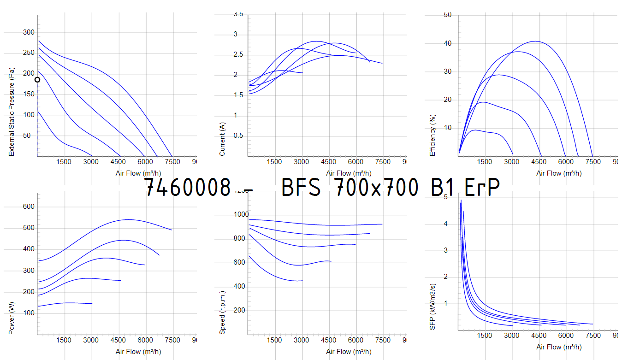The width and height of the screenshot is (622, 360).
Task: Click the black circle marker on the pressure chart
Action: pos(37,79)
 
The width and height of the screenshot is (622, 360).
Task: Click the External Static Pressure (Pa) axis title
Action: pos(12,112)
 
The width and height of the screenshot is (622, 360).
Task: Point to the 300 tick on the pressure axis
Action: pos(29,32)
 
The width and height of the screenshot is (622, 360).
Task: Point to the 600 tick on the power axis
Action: pos(29,207)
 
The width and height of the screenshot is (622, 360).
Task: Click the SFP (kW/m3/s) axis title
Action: pos(432,306)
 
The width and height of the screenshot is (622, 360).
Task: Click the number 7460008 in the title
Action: pos(187,188)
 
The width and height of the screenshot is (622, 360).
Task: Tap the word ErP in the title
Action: pos(481,188)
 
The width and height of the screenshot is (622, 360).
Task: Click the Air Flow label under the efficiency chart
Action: pos(559,173)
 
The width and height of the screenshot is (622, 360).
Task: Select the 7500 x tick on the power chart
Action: pos(172,340)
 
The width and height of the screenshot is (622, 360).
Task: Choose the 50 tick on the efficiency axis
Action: pos(447,15)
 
